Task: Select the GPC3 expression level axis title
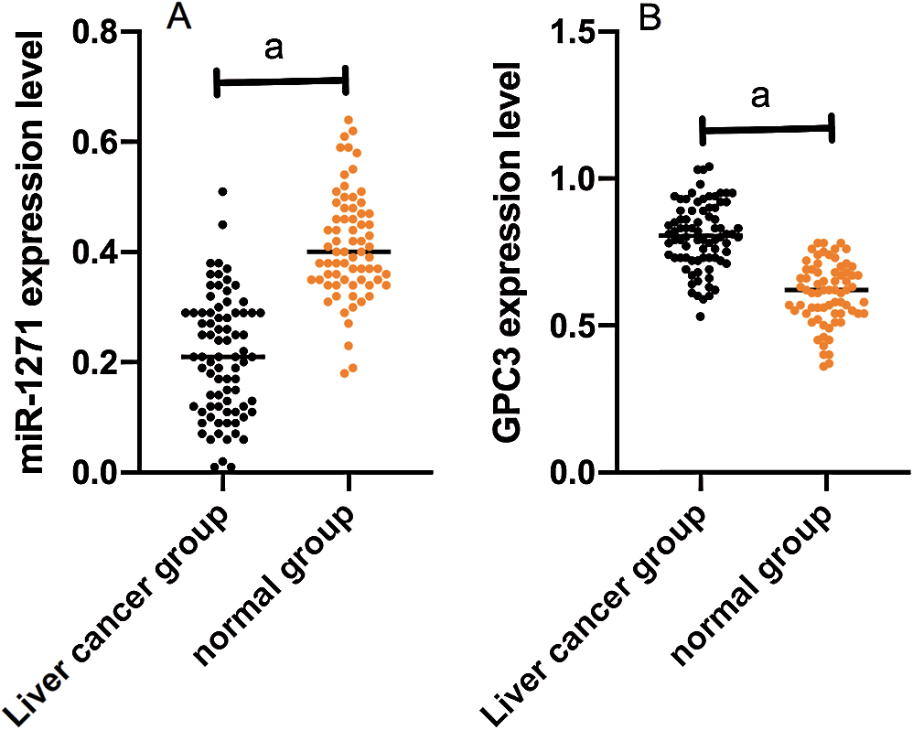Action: pyautogui.click(x=510, y=252)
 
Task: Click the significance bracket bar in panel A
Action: pyautogui.click(x=281, y=81)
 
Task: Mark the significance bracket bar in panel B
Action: pyautogui.click(x=767, y=129)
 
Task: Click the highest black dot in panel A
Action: pyautogui.click(x=222, y=192)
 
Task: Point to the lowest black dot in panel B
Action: pyautogui.click(x=700, y=317)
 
